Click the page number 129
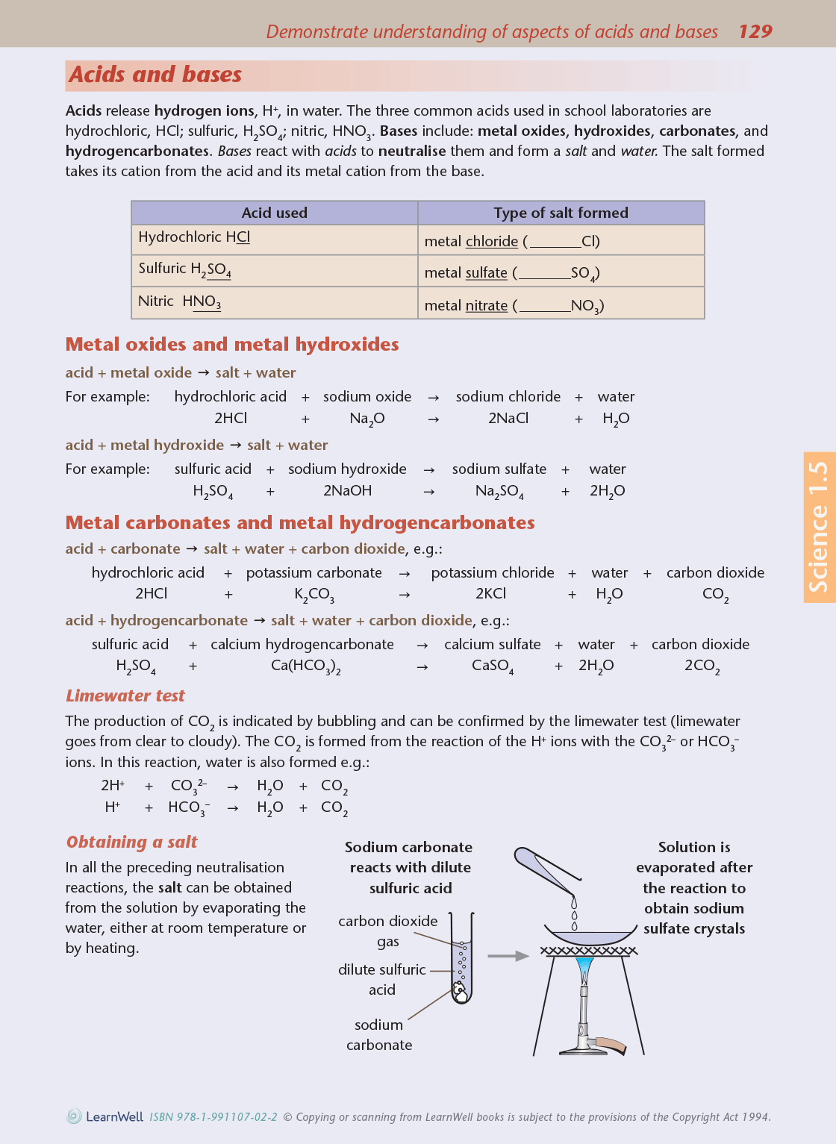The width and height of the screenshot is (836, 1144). coord(755,31)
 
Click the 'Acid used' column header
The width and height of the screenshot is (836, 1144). coord(274,213)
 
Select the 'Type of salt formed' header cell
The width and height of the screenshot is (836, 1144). coord(561,213)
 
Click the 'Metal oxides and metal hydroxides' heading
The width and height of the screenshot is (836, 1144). coord(232,344)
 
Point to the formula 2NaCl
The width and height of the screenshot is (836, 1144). coord(508,418)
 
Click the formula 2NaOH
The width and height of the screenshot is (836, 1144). coord(347,490)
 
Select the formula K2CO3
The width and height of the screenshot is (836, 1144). coord(313,594)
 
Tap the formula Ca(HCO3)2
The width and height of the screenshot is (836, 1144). coord(305,666)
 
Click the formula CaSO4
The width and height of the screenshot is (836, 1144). coord(492,666)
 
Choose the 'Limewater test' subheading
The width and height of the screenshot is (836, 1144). coord(125,696)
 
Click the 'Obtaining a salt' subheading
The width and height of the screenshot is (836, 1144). coord(131,842)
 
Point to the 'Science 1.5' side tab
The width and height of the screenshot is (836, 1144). coord(819,527)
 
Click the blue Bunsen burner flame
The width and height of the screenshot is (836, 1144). coord(584,969)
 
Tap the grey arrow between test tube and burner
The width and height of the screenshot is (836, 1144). coord(508,955)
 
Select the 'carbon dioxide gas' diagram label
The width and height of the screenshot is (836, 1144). coord(387,931)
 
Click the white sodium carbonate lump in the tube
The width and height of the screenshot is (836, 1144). coord(460,993)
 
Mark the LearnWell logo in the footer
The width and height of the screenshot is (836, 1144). coord(105,1116)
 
